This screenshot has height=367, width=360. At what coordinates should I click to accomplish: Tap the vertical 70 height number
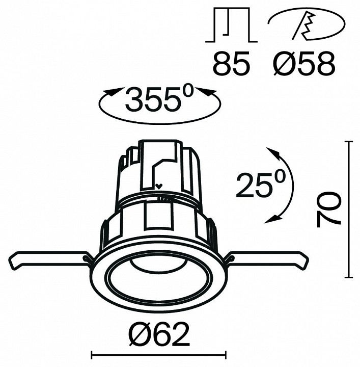pos(329,209)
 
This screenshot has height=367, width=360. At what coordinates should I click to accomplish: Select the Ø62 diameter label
pos(158,335)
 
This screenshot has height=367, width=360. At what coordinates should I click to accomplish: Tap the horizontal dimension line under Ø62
pos(158,353)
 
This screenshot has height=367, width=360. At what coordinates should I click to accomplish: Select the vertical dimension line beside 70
pos(349,209)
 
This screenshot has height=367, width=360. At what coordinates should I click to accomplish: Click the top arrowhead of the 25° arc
pos(272,153)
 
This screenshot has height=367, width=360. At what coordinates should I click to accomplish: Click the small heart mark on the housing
pos(159,186)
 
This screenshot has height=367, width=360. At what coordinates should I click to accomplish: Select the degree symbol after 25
pos(279,176)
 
